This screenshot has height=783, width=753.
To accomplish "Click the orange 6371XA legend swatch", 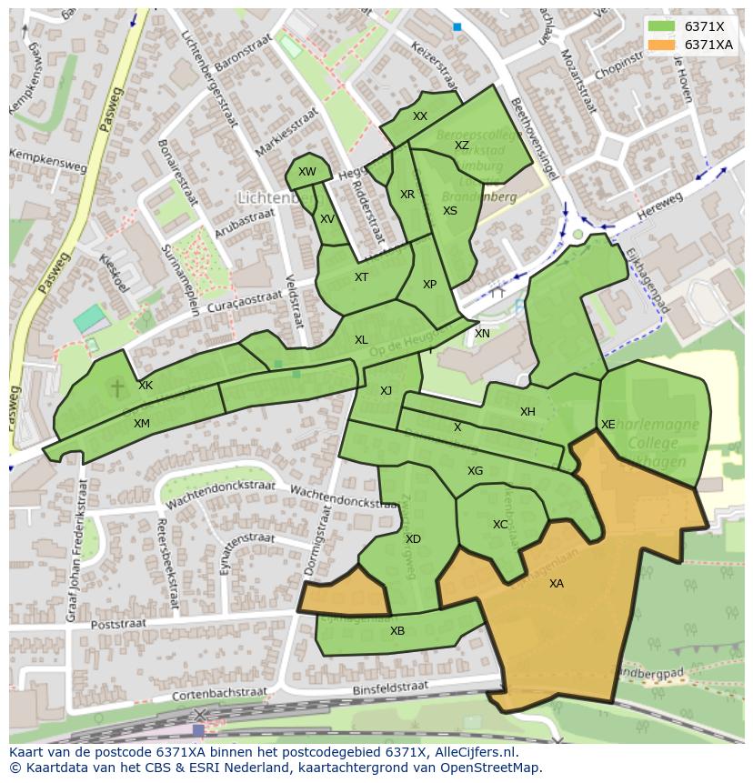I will tap(662, 45).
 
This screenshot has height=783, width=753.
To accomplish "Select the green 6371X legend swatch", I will tap(662, 25).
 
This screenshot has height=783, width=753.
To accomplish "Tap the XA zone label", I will tap(556, 584).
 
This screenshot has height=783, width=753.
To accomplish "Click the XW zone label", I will tap(307, 172).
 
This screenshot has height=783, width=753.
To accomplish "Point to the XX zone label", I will tap(419, 116).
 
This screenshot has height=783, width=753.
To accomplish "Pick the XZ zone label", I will tap(462, 146).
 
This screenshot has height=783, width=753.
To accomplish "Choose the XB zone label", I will tap(397, 631).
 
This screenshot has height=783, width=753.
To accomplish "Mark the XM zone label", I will tap(142, 424).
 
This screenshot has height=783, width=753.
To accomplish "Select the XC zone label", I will tap(500, 525).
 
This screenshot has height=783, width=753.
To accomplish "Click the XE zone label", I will tap(607, 425).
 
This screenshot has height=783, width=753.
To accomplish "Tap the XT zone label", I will tap(361, 277).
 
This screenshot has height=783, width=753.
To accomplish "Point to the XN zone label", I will tap(482, 334).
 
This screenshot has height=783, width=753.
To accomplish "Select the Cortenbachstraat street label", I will tap(214, 696).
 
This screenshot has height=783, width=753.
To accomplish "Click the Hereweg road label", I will tap(659, 206).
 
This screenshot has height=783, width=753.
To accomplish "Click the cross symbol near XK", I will tap(116, 388).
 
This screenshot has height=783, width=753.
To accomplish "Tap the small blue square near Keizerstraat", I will tap(457, 27).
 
